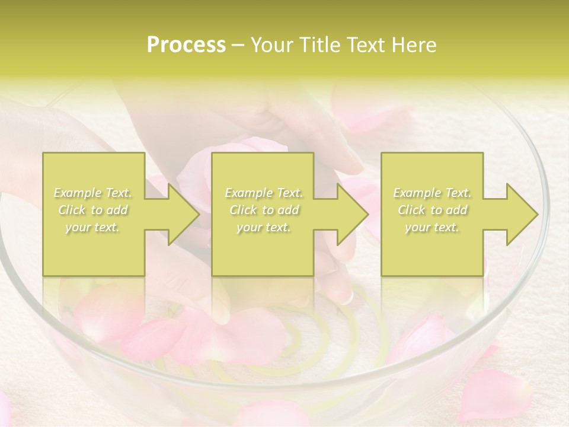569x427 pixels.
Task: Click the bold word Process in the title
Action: point(186,45)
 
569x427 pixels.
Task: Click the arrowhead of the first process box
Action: point(180,214)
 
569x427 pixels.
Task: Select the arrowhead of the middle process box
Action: point(349,214)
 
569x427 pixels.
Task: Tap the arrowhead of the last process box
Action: point(520,214)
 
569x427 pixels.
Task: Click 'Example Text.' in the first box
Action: point(93,193)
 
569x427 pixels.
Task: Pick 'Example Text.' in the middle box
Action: point(264,193)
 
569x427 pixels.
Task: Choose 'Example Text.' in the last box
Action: point(432,193)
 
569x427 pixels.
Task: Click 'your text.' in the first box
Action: point(93,227)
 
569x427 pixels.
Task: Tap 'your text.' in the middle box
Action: point(264,227)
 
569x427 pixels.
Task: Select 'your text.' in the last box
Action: point(432,227)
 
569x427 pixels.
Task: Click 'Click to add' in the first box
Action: point(93,210)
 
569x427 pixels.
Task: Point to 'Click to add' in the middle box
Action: point(264,210)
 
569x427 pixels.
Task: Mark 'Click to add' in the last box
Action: point(432,210)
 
